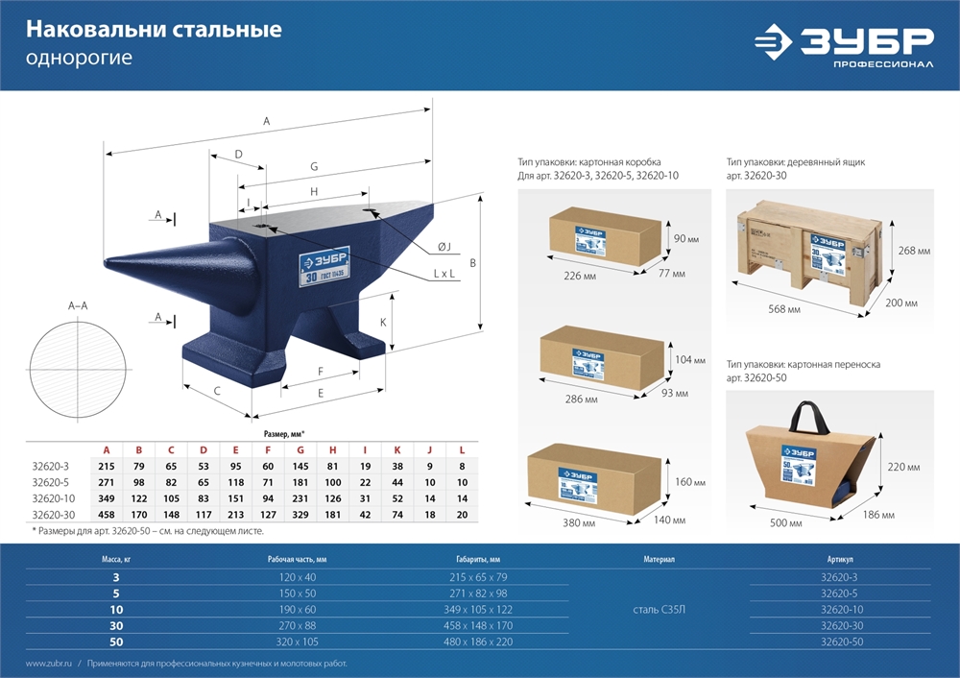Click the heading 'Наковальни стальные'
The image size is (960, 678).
click(x=154, y=30)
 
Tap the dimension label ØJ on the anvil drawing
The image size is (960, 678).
click(x=444, y=247)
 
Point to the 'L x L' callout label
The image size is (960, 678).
click(x=444, y=274)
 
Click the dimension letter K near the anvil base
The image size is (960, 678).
click(x=383, y=323)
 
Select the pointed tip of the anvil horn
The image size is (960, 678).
click(x=106, y=262)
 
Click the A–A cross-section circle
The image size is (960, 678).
click(x=78, y=371)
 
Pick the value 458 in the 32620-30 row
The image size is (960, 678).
click(x=106, y=515)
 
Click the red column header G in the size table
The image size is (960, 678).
click(x=300, y=449)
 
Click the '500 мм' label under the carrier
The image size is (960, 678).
click(x=787, y=524)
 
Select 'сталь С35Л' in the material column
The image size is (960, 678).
click(x=659, y=610)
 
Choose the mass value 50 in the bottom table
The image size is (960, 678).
click(x=116, y=642)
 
